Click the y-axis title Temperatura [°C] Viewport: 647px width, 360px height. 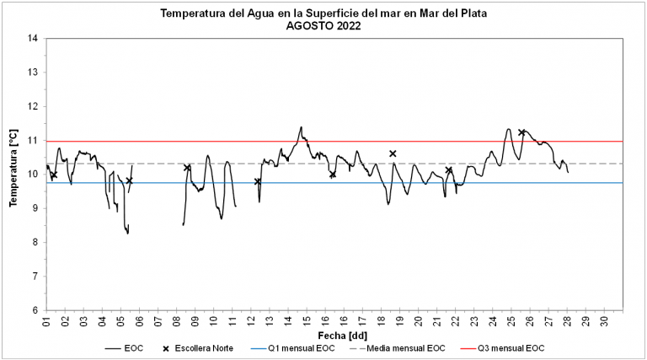(14, 169)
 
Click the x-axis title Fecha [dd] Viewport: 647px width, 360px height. (326, 335)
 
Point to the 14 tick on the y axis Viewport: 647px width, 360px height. (33, 39)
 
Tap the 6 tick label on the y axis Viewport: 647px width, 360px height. (35, 310)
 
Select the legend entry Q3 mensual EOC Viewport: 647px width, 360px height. (509, 348)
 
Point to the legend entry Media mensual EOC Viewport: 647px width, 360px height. (409, 348)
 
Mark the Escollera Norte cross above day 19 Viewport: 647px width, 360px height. (393, 153)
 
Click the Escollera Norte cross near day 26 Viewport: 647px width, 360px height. (522, 132)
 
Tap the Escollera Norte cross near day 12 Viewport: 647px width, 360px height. (258, 181)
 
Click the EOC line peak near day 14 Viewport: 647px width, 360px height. (301, 127)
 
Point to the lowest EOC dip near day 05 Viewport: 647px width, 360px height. (127, 234)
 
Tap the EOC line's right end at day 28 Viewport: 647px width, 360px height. (568, 173)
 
